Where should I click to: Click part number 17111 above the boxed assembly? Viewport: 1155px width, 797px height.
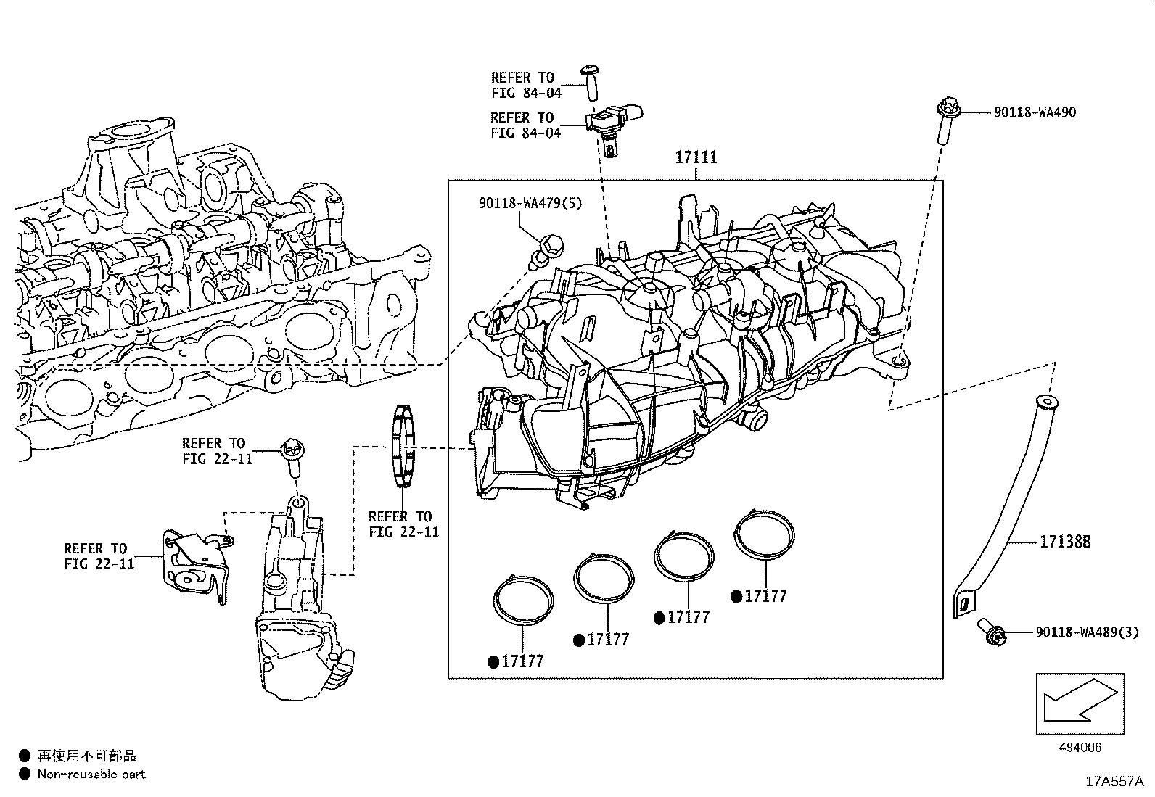tap(696, 157)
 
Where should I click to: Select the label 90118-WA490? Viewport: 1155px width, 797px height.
tap(1035, 112)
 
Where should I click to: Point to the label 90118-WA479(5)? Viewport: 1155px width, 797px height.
tap(530, 204)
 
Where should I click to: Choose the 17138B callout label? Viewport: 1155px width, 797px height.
tap(1066, 542)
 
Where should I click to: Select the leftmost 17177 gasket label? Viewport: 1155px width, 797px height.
tap(522, 661)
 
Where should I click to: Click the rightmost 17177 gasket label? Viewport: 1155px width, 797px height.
tap(765, 596)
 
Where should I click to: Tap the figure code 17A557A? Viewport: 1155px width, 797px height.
tap(1114, 782)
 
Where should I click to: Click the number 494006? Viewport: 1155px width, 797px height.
tap(1080, 748)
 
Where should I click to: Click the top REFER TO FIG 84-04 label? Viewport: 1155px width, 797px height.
tap(522, 85)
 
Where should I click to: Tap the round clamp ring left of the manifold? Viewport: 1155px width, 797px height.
tap(403, 445)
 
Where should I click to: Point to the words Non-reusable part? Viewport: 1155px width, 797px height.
tap(91, 775)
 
